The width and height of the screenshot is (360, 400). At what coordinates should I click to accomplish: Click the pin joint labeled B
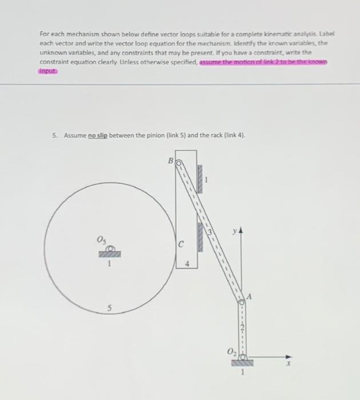coord(178,163)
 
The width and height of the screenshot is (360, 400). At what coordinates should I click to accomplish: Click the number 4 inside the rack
coord(187,265)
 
